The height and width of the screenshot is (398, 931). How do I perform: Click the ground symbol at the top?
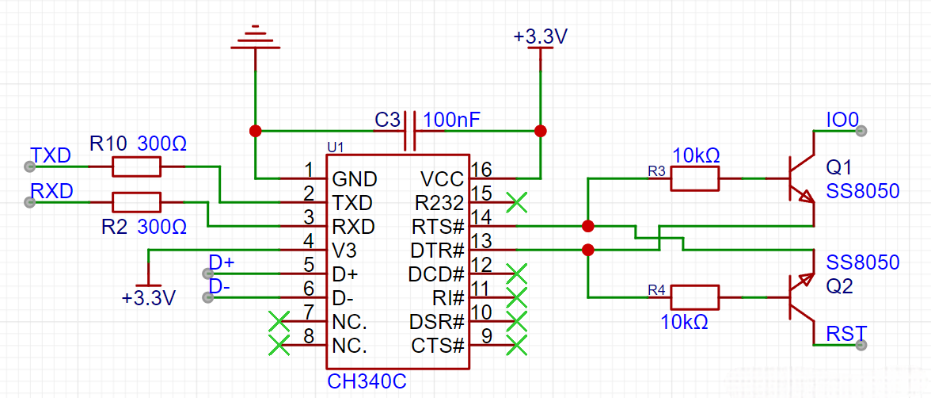click(x=255, y=38)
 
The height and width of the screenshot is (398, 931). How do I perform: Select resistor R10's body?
click(x=136, y=167)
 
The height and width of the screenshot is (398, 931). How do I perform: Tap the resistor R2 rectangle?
click(x=136, y=202)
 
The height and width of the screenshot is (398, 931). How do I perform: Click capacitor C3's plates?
click(x=410, y=131)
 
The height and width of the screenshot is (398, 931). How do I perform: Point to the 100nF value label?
click(x=450, y=120)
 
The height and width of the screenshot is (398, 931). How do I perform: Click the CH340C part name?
click(x=367, y=381)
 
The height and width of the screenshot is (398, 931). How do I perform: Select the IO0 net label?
click(x=842, y=121)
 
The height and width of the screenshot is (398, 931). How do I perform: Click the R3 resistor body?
click(x=695, y=178)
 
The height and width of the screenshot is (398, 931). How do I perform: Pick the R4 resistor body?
click(x=695, y=297)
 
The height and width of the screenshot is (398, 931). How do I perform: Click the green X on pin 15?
click(x=517, y=202)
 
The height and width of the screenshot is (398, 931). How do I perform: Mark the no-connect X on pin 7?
click(x=279, y=321)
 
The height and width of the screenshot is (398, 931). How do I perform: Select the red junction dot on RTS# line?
click(x=587, y=226)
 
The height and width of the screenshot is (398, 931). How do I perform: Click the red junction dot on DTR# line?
click(x=587, y=249)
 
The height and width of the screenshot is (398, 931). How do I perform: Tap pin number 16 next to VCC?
click(x=481, y=170)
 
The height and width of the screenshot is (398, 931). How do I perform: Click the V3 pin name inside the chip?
click(x=345, y=251)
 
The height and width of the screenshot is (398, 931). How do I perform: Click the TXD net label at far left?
click(x=51, y=156)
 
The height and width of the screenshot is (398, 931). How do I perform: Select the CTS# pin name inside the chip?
click(x=437, y=345)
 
